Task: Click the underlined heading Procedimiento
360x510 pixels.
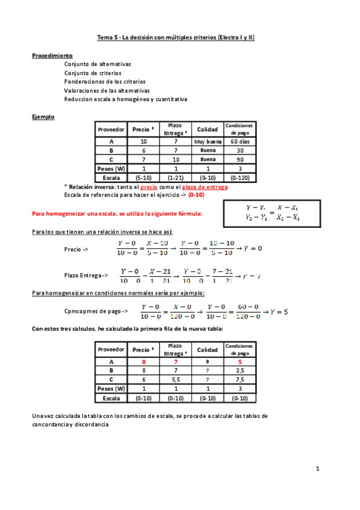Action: (52, 55)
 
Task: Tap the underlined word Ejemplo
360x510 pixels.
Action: (43, 117)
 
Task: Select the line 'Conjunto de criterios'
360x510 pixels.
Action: (93, 73)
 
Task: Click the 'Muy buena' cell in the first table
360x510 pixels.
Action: (207, 141)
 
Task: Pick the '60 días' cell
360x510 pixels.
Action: (240, 141)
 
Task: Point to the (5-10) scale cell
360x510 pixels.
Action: (144, 178)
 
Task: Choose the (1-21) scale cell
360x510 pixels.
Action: (175, 178)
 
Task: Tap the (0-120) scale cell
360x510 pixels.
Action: (240, 178)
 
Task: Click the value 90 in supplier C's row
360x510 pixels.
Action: (240, 159)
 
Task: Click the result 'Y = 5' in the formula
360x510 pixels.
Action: (278, 312)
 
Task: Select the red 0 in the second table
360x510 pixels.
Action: (144, 362)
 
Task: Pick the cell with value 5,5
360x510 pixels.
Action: (175, 380)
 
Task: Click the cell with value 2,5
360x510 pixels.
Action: (240, 371)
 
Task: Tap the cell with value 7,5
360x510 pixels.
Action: (240, 380)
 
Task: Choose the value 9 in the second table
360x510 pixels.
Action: (207, 362)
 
